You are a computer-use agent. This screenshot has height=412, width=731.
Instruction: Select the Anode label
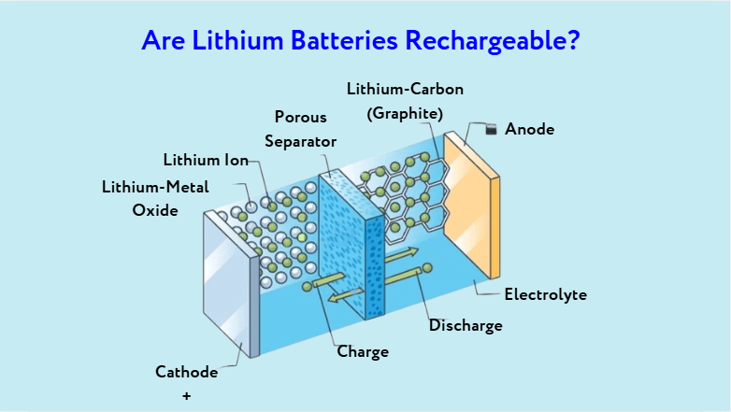[x=529, y=129]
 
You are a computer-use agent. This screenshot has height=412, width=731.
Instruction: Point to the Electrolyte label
[x=545, y=294]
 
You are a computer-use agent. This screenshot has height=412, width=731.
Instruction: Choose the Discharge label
[x=466, y=325]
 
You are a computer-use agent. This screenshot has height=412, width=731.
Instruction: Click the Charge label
[x=363, y=352]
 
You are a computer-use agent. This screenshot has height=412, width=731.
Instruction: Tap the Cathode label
[x=186, y=372]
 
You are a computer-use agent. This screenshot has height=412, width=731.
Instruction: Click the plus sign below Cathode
[x=186, y=395]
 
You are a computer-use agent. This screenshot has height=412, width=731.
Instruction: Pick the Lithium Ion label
[x=206, y=160]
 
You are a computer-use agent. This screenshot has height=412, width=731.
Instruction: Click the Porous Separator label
[x=300, y=129]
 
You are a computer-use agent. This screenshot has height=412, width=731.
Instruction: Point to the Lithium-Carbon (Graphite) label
[x=405, y=101]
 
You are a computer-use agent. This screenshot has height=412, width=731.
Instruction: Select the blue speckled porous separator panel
[x=351, y=243]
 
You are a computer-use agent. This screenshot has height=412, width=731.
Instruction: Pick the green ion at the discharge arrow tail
[x=428, y=268]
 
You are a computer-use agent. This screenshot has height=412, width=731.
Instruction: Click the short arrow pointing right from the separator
[x=401, y=253]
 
